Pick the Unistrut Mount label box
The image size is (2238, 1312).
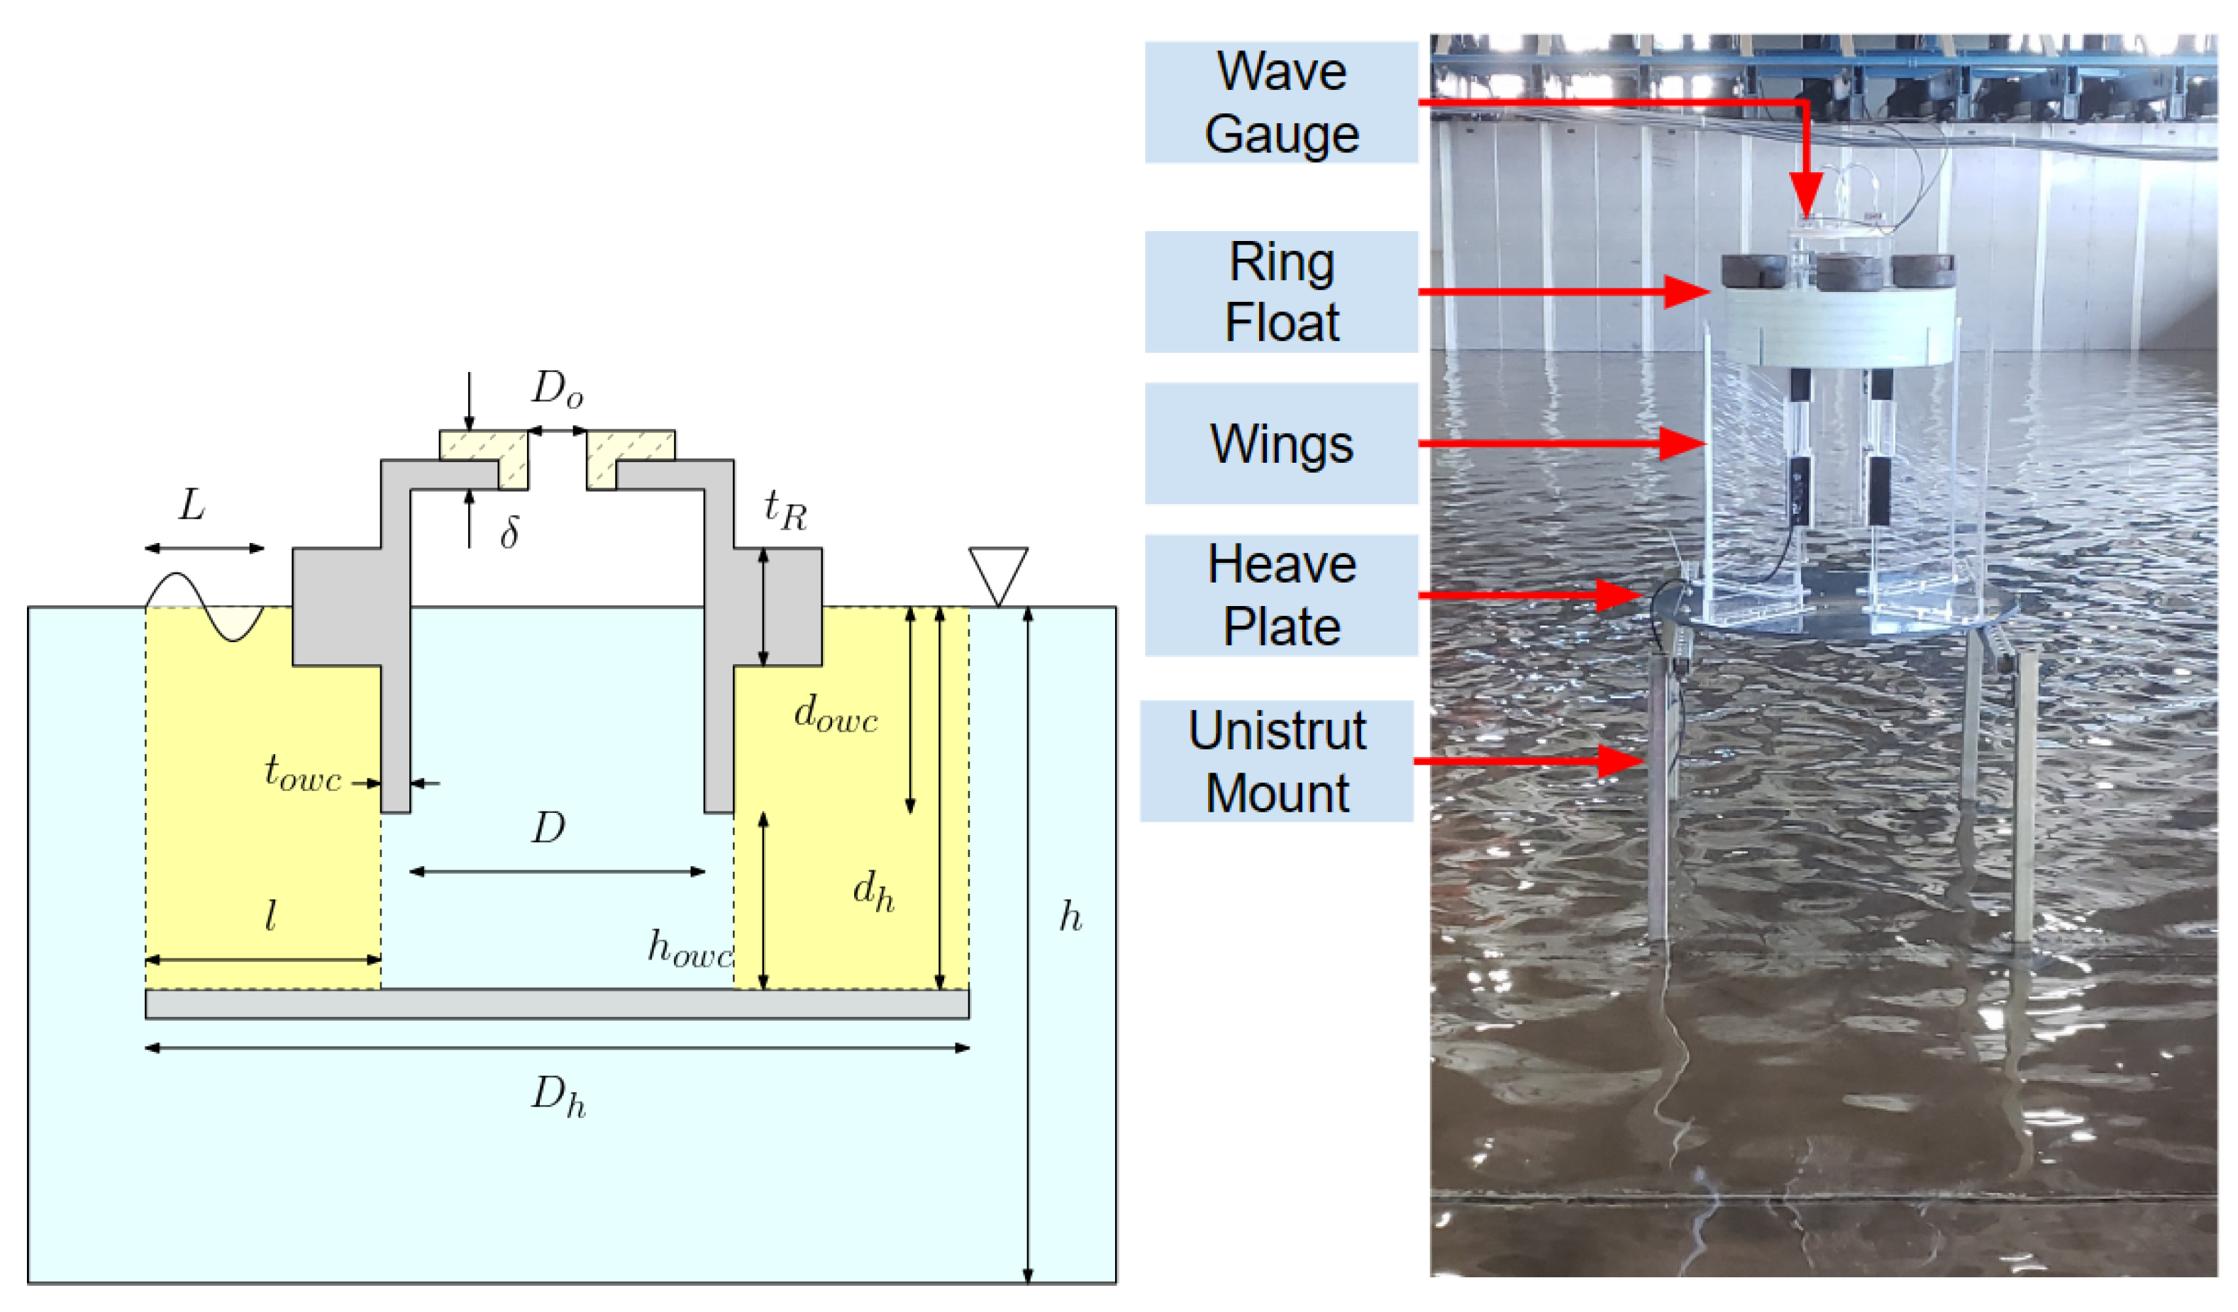tap(1276, 762)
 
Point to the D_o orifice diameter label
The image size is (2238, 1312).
tap(557, 390)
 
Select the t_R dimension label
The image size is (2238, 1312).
tap(785, 510)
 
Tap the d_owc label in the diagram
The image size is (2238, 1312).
tap(835, 714)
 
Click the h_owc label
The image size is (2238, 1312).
tap(689, 949)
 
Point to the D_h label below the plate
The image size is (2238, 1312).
tap(558, 1097)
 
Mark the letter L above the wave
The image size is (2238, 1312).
tap(192, 506)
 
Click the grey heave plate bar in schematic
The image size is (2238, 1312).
tap(557, 1004)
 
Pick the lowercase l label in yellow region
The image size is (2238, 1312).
tap(270, 915)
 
